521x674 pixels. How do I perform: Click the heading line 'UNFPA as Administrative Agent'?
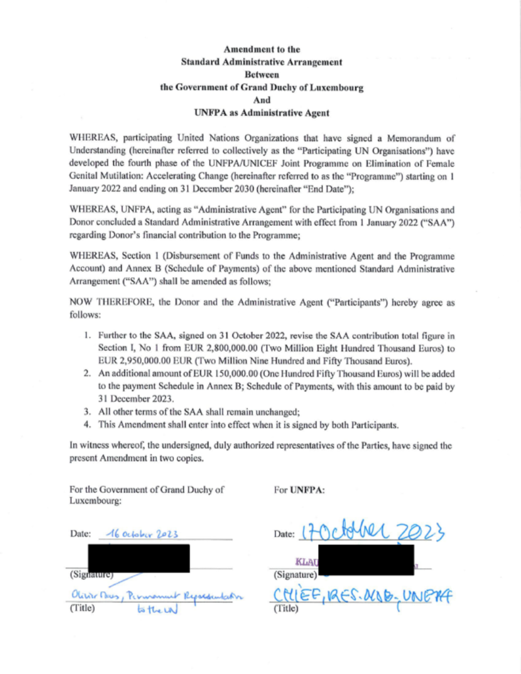point(261,113)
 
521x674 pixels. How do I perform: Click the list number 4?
point(87,425)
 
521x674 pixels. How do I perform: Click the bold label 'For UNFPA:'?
point(294,490)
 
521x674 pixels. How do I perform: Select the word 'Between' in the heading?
point(261,75)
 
